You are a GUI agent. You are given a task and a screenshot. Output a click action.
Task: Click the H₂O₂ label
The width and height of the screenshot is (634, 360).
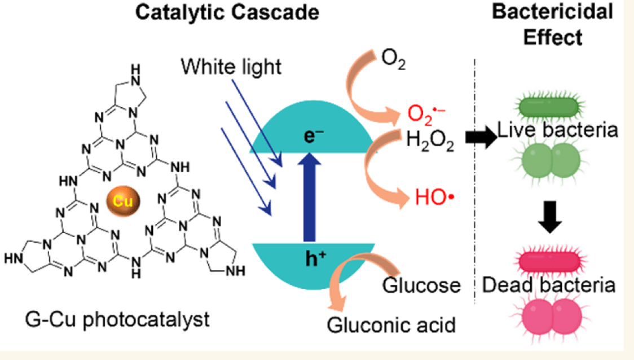pyautogui.click(x=430, y=141)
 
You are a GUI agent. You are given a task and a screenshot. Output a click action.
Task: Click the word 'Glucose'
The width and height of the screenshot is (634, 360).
pyautogui.click(x=422, y=285)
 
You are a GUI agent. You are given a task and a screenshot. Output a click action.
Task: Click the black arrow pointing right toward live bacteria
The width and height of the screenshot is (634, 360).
pyautogui.click(x=481, y=139)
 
